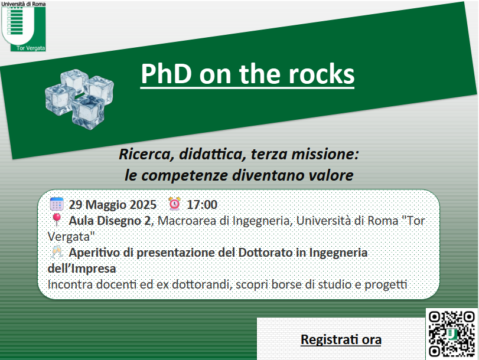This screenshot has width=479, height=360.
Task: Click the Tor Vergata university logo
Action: [24, 26]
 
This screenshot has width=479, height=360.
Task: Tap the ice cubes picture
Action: [79, 99]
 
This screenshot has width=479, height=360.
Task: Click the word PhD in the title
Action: [166, 74]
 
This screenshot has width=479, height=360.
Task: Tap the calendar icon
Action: [57, 204]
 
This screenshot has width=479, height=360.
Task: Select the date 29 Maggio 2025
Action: [112, 205]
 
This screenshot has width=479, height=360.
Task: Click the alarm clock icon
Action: [174, 204]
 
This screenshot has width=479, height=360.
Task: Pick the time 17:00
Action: [202, 205]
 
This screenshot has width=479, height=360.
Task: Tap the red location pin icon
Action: [57, 220]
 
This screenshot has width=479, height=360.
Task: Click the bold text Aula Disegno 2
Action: [110, 221]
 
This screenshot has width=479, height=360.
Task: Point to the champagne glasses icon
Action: [57, 252]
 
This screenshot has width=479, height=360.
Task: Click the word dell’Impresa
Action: [82, 269]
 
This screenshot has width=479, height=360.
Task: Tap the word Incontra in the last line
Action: [70, 284]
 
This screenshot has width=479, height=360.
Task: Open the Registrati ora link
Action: [341, 339]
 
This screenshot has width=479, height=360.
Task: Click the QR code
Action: [451, 333]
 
